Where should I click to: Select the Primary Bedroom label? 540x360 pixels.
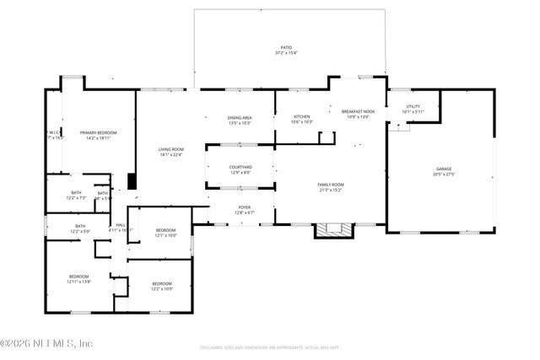tap(98, 133)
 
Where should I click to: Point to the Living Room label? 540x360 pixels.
tap(171, 149)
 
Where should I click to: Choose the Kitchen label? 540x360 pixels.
tap(302, 116)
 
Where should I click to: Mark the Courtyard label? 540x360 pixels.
tap(240, 167)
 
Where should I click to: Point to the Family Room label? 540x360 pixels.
tap(330, 185)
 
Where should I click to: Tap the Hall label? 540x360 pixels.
tap(121, 224)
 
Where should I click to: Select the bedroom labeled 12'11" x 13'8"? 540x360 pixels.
tap(78, 276)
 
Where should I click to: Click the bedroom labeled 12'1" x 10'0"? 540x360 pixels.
tap(165, 230)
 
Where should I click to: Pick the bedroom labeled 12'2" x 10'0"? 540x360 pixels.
tap(161, 283)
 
